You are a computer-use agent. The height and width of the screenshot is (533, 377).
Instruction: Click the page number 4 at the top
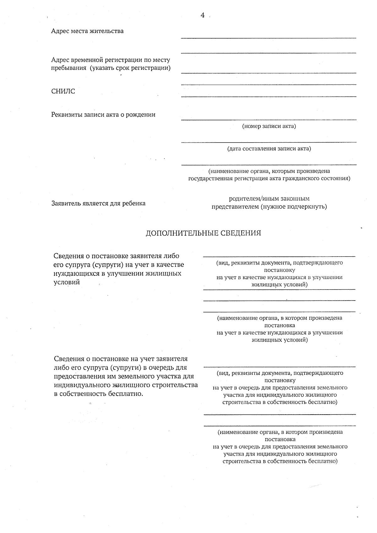(x=202, y=15)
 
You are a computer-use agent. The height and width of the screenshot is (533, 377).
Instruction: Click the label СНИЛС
(x=63, y=91)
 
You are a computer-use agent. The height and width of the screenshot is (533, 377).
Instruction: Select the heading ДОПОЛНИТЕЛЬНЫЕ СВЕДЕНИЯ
(x=203, y=233)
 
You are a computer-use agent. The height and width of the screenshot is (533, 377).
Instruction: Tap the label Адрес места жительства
(x=87, y=31)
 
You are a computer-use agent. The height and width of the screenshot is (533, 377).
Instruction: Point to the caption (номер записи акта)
(x=269, y=126)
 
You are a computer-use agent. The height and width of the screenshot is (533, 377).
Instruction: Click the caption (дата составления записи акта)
(x=269, y=149)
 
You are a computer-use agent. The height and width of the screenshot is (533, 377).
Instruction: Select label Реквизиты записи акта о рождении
(x=103, y=115)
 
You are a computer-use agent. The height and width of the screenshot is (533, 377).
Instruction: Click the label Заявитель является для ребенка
(x=98, y=203)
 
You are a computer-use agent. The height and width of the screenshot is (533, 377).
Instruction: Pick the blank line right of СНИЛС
(x=269, y=96)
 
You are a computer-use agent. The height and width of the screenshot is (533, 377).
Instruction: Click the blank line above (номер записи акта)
(x=269, y=119)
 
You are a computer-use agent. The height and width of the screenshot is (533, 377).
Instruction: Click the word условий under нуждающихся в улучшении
(x=67, y=282)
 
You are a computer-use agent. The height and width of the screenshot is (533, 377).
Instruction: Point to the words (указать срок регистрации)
(x=130, y=68)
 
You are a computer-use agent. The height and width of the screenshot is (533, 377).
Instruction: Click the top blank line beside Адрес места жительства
(x=269, y=38)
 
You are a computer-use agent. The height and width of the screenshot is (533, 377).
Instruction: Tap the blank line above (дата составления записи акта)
(x=269, y=142)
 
